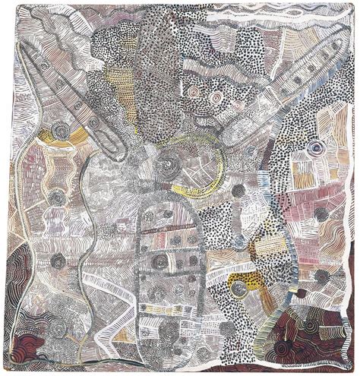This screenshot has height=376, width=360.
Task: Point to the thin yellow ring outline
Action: pyautogui.click(x=216, y=167)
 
